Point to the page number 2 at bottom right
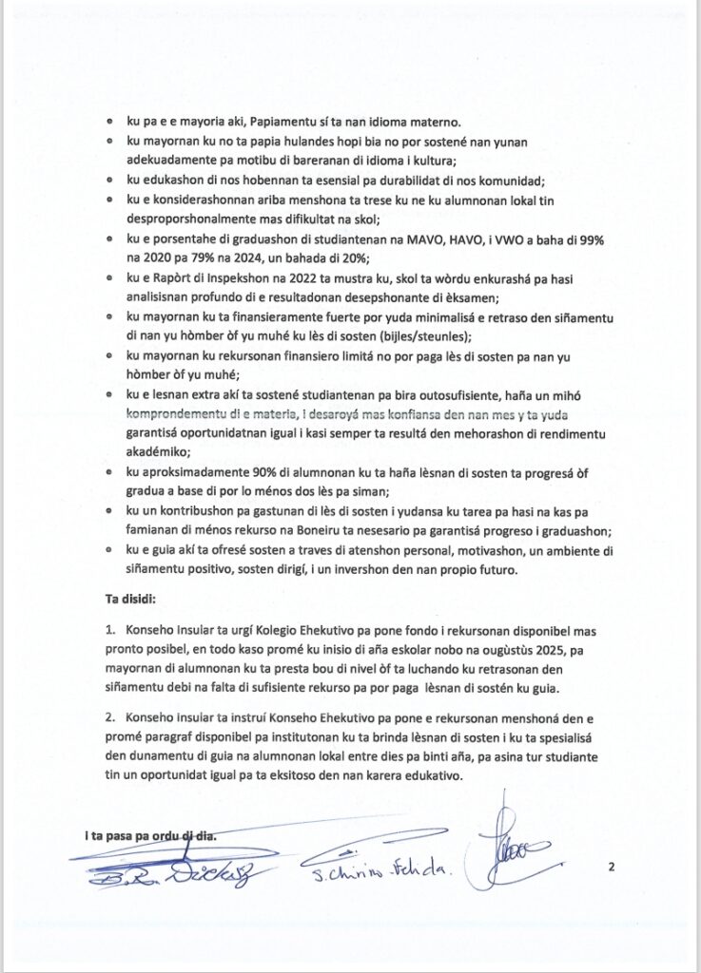[x=612, y=867]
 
